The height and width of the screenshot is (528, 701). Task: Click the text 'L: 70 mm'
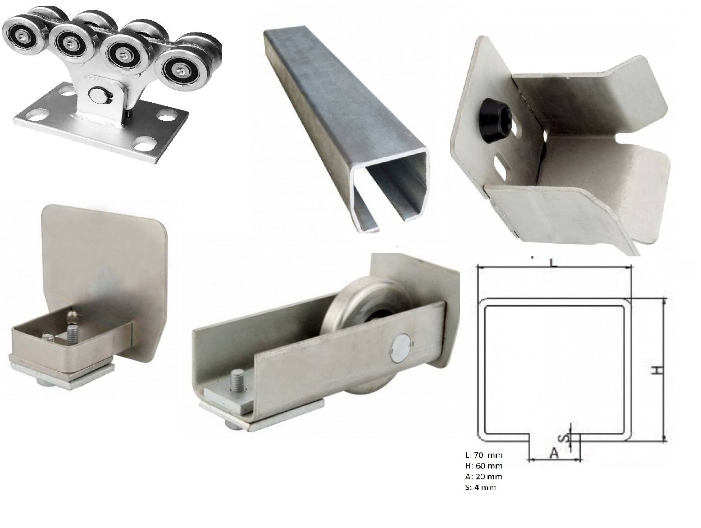point(483,455)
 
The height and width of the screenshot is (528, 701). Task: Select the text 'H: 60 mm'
point(483,466)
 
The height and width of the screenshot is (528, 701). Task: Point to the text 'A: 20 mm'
point(483,477)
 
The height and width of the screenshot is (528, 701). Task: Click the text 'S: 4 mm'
point(481,487)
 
